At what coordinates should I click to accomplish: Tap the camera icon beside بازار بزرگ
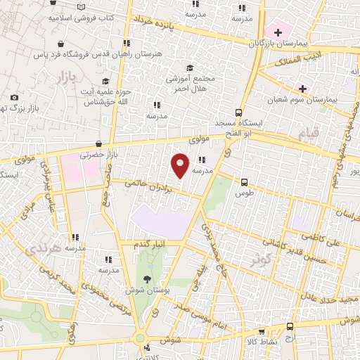(x=14, y=98)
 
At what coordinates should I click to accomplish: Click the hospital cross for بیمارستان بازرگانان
(x=278, y=32)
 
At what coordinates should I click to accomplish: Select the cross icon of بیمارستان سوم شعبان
(x=302, y=89)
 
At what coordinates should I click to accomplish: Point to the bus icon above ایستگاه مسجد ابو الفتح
(x=238, y=112)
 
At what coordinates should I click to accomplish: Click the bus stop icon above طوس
(x=244, y=181)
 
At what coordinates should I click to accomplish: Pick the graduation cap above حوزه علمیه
(x=105, y=82)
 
